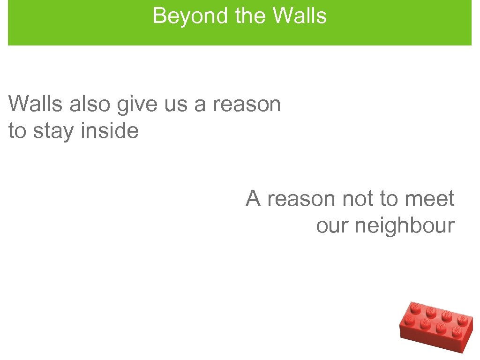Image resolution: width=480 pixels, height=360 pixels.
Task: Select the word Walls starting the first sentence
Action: (35, 104)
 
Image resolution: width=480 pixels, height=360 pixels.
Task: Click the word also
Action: (91, 104)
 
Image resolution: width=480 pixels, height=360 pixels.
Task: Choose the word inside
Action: (110, 131)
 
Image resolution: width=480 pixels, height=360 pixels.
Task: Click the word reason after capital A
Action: (301, 199)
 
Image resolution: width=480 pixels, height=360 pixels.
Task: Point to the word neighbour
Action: (405, 226)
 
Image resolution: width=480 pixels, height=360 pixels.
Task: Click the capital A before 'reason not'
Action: (254, 198)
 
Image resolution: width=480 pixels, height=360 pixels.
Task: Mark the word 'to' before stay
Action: (18, 132)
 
